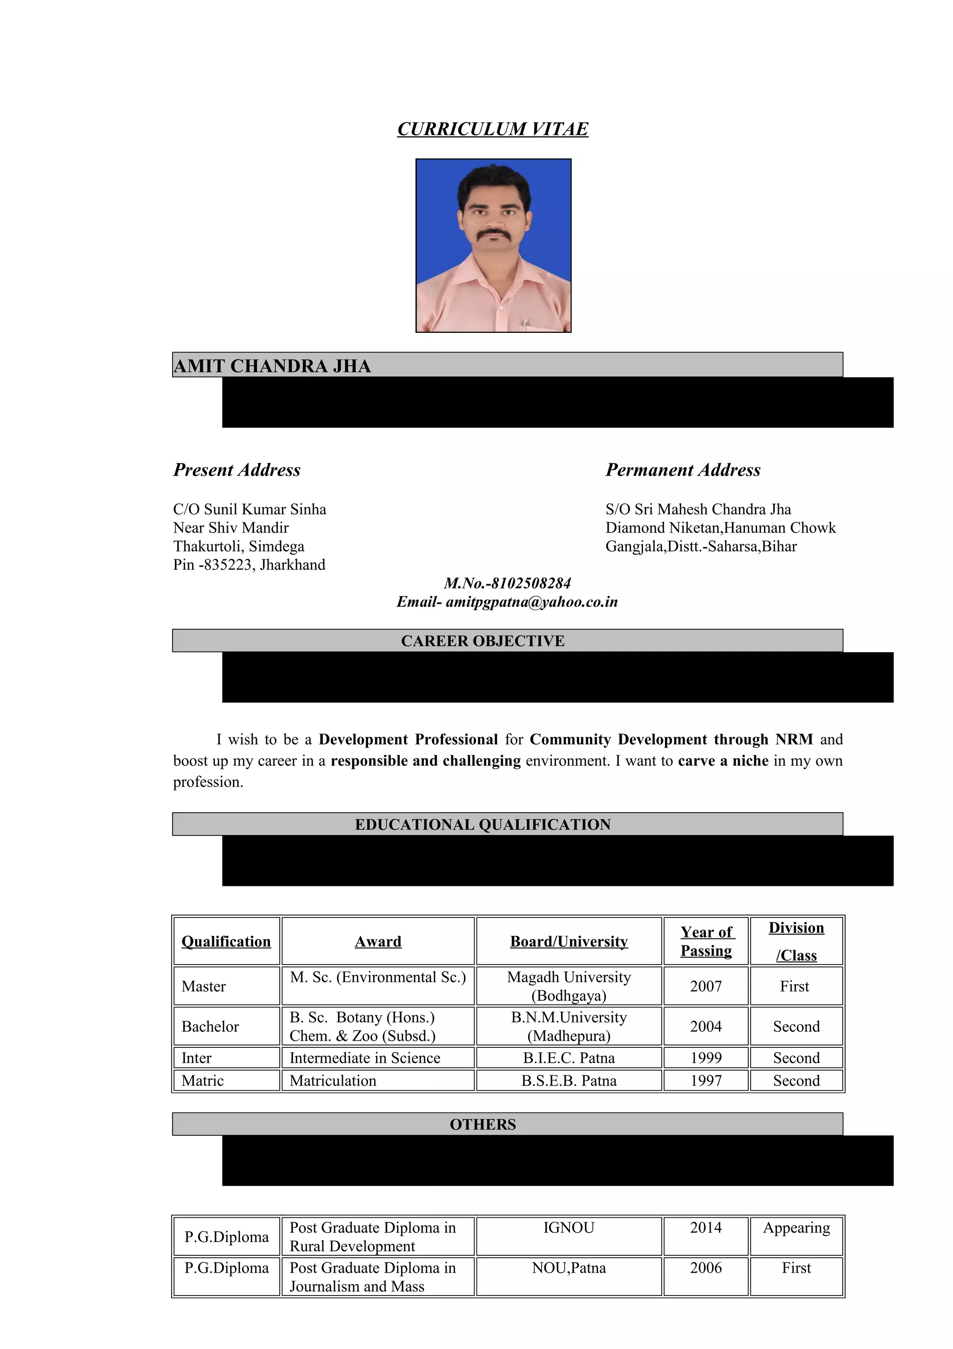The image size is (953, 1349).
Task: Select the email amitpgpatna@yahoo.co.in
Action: [x=531, y=601]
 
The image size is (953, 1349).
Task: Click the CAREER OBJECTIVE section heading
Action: [x=483, y=641]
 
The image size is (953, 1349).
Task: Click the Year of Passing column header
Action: [x=706, y=941]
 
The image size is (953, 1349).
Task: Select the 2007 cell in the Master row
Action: [x=706, y=986]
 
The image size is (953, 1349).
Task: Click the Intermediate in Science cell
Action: [x=365, y=1058]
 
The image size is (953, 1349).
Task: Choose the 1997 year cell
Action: [x=706, y=1080]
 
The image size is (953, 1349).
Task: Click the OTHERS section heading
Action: [x=483, y=1124]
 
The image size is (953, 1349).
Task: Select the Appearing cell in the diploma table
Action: [x=796, y=1228]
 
